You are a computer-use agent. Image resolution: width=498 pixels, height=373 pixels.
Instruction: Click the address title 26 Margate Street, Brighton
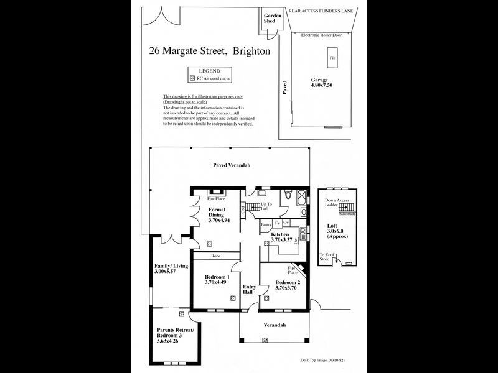(x=209, y=52)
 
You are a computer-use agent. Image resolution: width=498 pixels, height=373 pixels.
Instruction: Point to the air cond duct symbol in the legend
(x=192, y=79)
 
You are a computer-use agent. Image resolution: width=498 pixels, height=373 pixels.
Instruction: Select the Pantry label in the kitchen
(x=266, y=224)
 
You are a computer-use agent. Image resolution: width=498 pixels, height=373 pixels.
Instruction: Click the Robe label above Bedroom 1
(x=215, y=256)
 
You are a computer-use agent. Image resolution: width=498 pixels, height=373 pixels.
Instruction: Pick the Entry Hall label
(x=249, y=290)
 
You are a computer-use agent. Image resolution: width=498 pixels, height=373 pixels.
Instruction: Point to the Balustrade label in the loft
(x=347, y=214)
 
